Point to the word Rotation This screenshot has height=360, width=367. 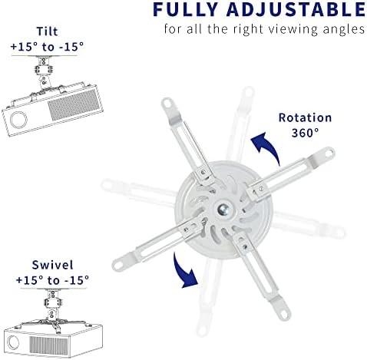click(306, 118)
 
